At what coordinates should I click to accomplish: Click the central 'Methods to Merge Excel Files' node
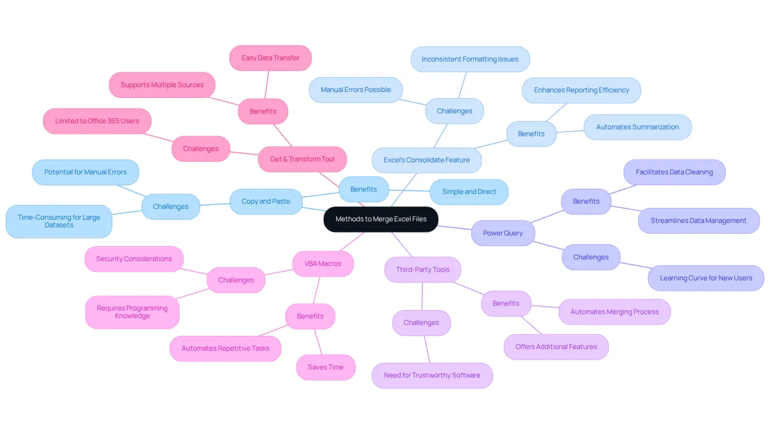pyautogui.click(x=381, y=219)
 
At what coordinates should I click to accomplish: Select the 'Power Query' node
pyautogui.click(x=503, y=233)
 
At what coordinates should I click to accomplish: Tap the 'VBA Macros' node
pyautogui.click(x=323, y=264)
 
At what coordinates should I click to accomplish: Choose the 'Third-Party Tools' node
pyautogui.click(x=422, y=269)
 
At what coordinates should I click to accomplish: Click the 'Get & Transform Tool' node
pyautogui.click(x=302, y=159)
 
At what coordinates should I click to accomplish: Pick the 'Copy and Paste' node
pyautogui.click(x=266, y=202)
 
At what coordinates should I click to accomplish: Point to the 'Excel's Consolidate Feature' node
pyautogui.click(x=427, y=160)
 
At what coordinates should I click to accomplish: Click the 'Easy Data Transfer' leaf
pyautogui.click(x=271, y=58)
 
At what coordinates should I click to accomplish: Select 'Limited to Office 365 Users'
pyautogui.click(x=97, y=121)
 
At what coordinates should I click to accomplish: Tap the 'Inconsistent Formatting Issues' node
pyautogui.click(x=470, y=59)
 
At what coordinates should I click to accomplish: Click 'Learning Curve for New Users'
pyautogui.click(x=706, y=278)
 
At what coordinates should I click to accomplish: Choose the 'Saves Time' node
pyautogui.click(x=326, y=367)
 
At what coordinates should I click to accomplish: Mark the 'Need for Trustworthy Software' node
pyautogui.click(x=432, y=376)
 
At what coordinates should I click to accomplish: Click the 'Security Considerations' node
pyautogui.click(x=134, y=259)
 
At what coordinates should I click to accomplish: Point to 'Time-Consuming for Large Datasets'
pyautogui.click(x=59, y=221)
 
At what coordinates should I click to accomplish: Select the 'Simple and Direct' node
pyautogui.click(x=469, y=192)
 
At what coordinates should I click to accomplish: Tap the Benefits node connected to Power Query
pyautogui.click(x=586, y=202)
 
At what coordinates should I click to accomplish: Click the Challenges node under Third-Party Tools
pyautogui.click(x=421, y=323)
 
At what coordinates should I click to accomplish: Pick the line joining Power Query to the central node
pyautogui.click(x=454, y=228)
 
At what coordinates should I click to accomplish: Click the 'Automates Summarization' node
pyautogui.click(x=637, y=127)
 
